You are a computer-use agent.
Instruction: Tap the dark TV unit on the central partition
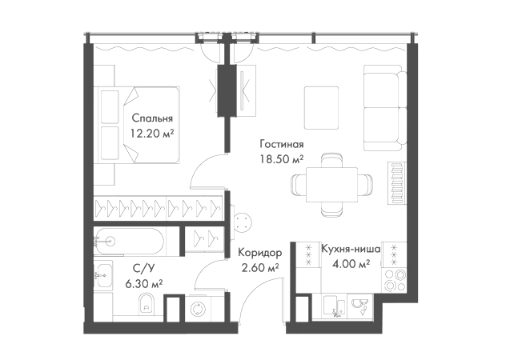pyautogui.click(x=228, y=91)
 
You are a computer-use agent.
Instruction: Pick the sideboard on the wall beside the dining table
pyautogui.click(x=395, y=185)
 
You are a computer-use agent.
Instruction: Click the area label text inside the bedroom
pyautogui.click(x=155, y=126)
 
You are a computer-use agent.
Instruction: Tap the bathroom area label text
pyautogui.click(x=143, y=274)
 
